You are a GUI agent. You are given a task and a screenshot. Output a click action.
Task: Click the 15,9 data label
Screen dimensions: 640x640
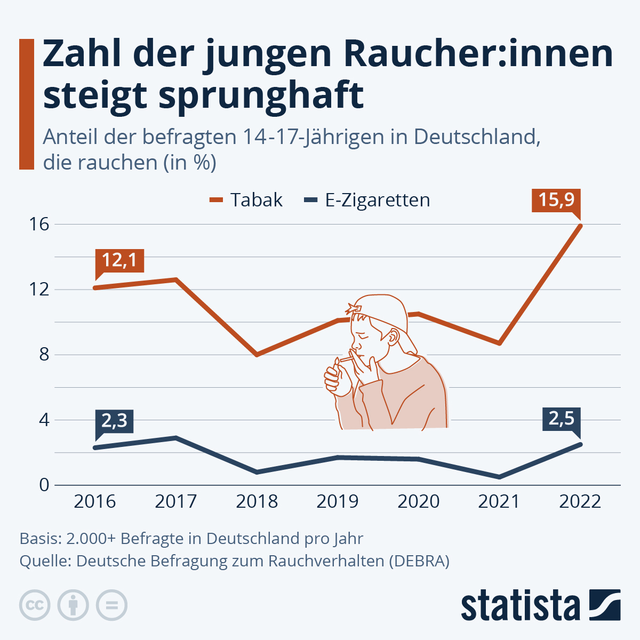(556, 200)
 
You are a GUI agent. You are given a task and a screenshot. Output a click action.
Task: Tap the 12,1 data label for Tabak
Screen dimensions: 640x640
(119, 260)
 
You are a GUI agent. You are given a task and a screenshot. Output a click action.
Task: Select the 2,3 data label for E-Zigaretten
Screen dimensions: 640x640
(114, 421)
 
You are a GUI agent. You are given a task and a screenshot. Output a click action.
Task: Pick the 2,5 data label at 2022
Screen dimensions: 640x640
(561, 419)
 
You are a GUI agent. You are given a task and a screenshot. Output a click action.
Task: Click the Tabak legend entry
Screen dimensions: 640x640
(246, 200)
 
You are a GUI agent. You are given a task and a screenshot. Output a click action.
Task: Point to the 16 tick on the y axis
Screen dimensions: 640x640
(39, 225)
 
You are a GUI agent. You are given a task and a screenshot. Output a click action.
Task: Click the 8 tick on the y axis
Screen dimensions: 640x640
(44, 355)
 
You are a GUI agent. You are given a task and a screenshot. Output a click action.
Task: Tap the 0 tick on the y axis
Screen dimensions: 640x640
(44, 485)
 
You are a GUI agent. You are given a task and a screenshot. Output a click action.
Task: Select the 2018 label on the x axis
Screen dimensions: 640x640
(257, 502)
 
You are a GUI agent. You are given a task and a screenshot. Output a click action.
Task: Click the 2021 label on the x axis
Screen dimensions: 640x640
(499, 502)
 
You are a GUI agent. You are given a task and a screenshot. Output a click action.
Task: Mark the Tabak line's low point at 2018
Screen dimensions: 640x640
(257, 355)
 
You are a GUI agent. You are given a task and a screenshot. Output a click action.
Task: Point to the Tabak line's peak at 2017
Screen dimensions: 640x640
(175, 279)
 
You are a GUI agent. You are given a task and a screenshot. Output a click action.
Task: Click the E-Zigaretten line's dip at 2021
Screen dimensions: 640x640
(499, 477)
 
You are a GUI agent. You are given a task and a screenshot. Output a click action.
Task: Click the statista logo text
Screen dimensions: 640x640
(520, 606)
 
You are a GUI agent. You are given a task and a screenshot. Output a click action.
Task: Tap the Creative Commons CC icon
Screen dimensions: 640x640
(35, 605)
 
